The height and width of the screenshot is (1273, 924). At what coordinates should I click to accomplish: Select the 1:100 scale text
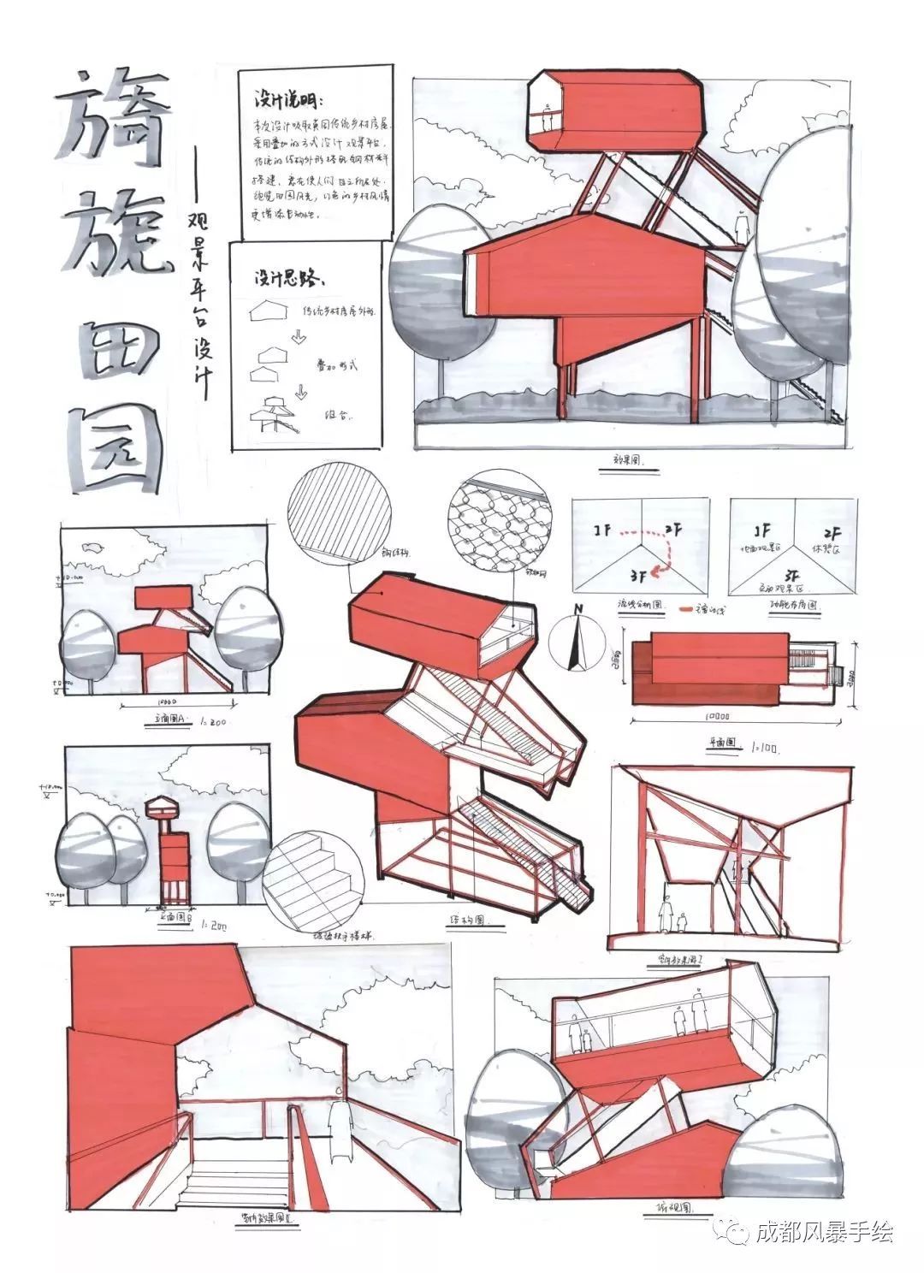(x=765, y=746)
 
